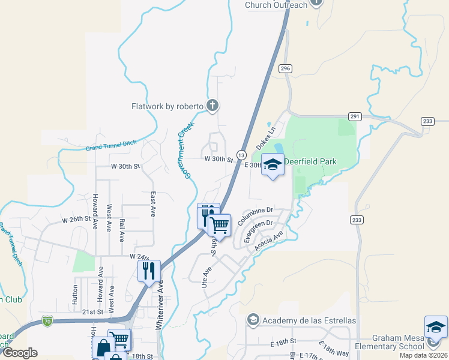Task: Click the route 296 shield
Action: pos(285,69)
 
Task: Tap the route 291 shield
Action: pos(355,116)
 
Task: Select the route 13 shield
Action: pos(240,155)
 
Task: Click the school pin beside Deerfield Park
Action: pos(273,164)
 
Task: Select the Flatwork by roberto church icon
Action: pos(212,106)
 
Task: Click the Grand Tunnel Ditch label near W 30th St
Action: pos(111,145)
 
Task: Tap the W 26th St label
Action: pos(80,220)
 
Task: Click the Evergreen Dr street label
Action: pos(259,230)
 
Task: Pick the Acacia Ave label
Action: pos(268,242)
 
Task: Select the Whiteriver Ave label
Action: pos(160,304)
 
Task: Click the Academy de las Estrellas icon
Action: pos(253,320)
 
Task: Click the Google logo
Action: pos(20,353)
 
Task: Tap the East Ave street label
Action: pos(153,204)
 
